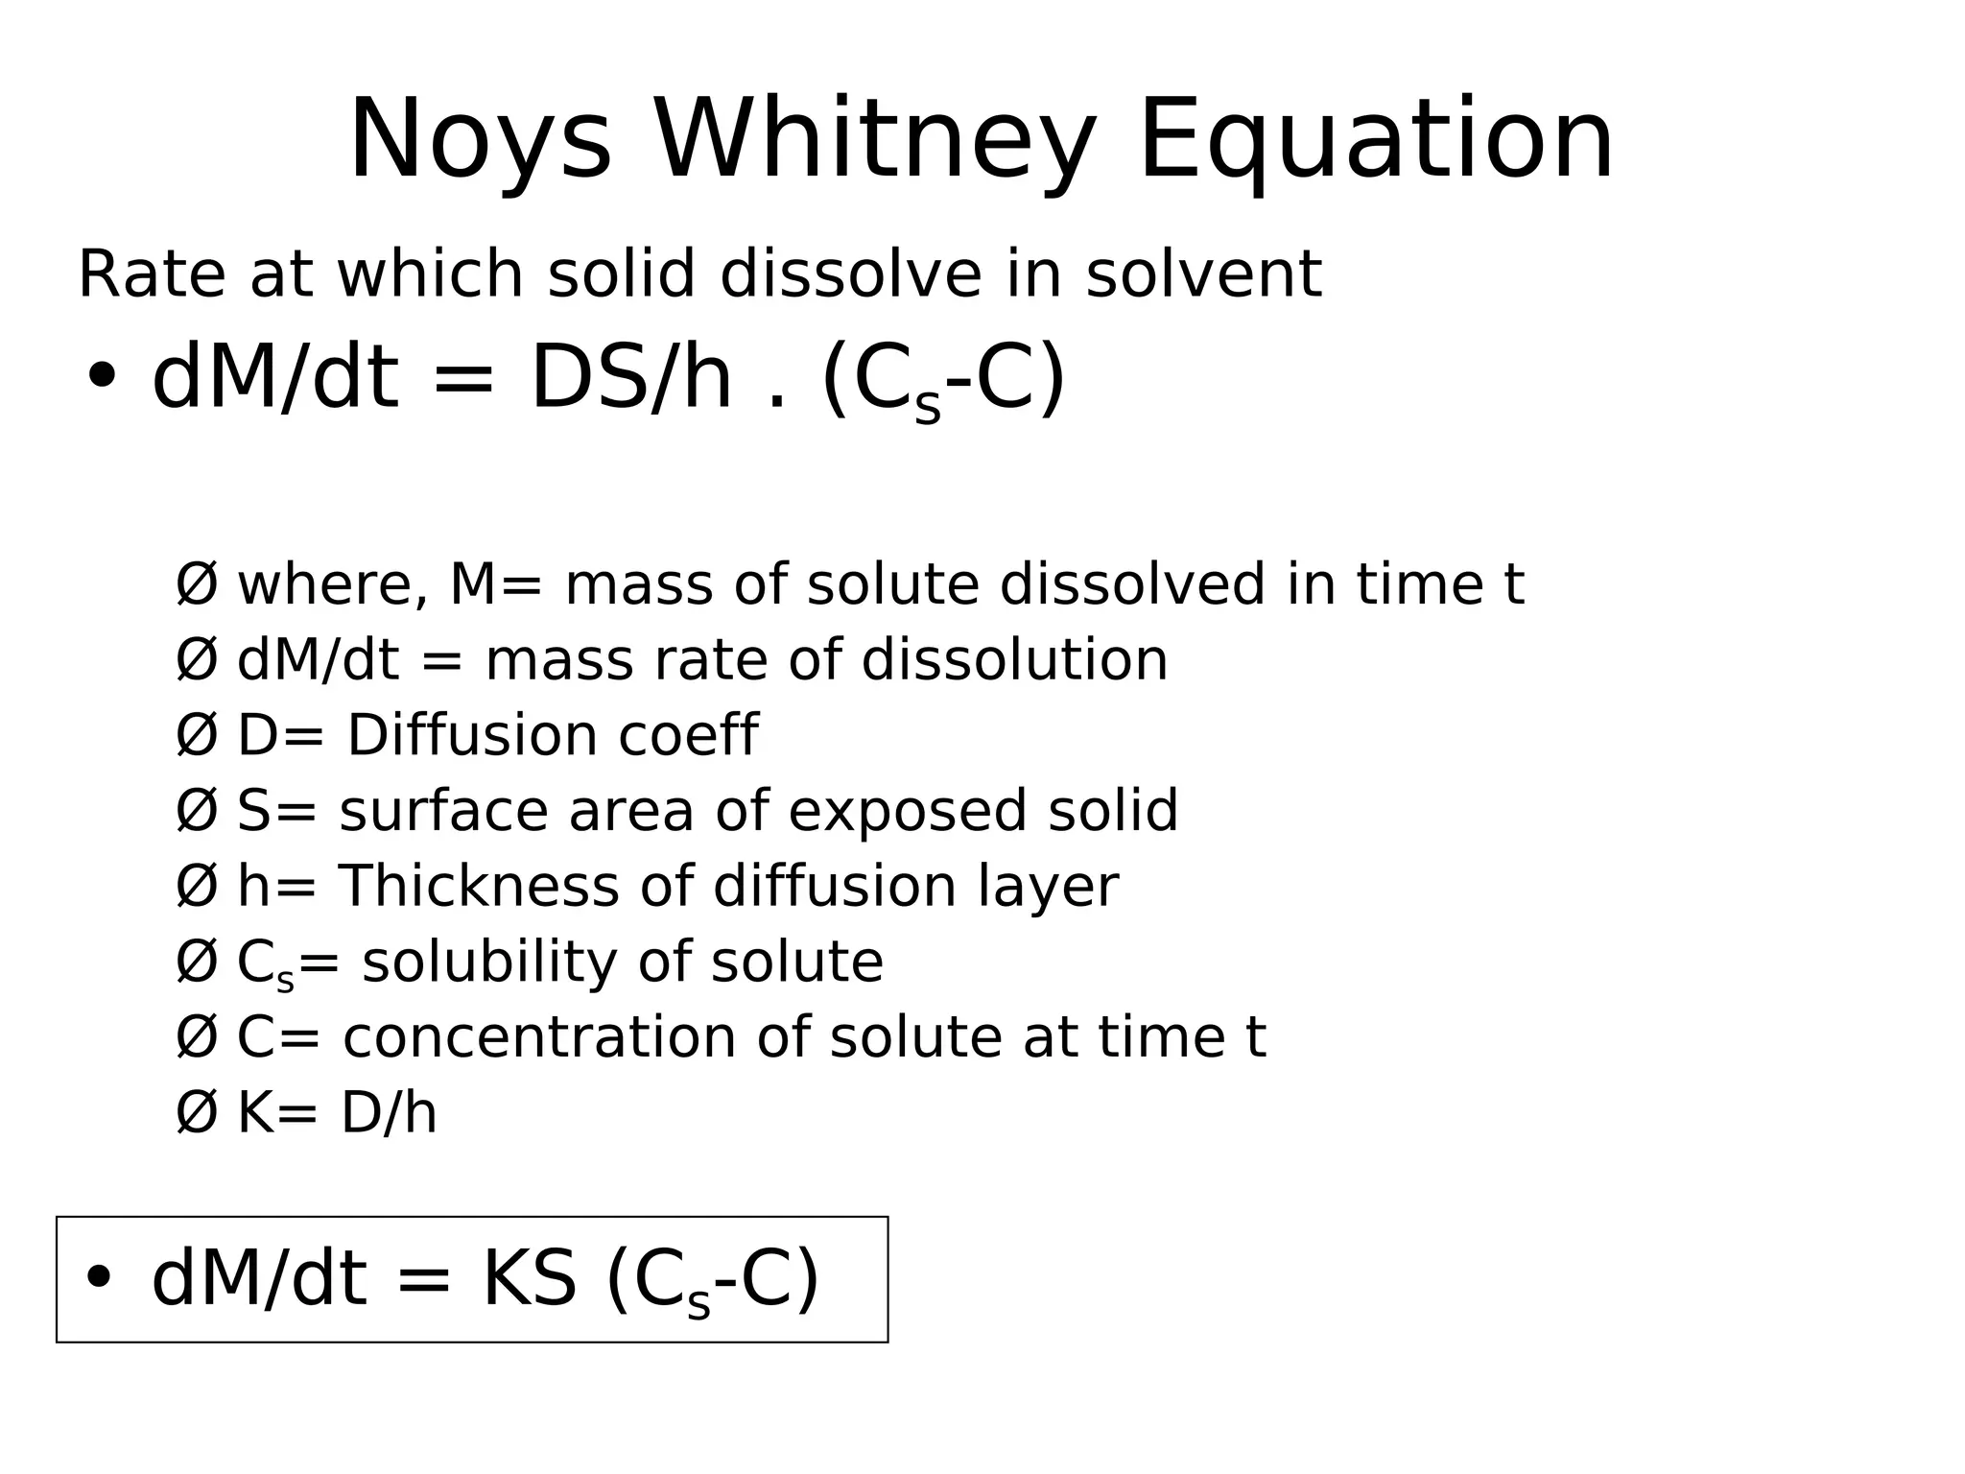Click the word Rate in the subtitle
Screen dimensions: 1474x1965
click(151, 274)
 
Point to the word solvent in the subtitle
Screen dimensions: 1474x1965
click(1203, 274)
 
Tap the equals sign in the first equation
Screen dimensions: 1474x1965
click(463, 380)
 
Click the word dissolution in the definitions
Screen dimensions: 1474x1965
click(1014, 660)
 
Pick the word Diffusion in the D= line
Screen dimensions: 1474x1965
click(470, 735)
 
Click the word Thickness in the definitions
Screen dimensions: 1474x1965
click(479, 886)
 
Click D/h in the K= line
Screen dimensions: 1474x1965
click(389, 1113)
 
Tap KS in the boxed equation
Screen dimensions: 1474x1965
click(529, 1279)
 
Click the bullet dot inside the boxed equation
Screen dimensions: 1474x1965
click(99, 1278)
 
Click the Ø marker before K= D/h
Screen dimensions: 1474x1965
click(197, 1113)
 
